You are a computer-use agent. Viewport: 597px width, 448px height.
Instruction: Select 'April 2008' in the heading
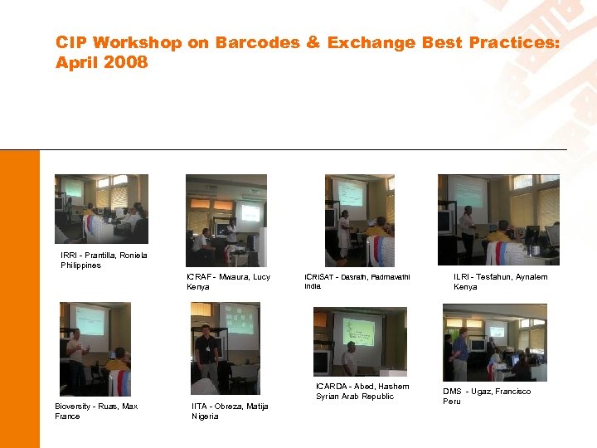pos(101,62)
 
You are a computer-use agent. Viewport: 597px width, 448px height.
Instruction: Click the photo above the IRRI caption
pos(101,209)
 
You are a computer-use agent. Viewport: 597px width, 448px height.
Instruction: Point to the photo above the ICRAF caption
pos(226,220)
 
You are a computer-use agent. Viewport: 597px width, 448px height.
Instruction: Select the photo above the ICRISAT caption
pos(359,220)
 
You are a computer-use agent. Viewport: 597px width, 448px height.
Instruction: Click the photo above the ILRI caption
pos(498,220)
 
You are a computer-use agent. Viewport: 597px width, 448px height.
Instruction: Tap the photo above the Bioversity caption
pos(95,348)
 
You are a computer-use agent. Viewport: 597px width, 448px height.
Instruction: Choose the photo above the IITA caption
pos(225,348)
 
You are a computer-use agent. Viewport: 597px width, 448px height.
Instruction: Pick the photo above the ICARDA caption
pos(360,341)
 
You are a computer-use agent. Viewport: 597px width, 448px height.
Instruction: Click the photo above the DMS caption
pos(494,342)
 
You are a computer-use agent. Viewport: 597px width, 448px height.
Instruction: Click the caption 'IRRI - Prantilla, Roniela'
pos(104,256)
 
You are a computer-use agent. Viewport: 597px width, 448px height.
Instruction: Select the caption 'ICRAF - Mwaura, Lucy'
pos(228,276)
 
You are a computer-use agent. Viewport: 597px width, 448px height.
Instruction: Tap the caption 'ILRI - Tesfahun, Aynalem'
pos(500,276)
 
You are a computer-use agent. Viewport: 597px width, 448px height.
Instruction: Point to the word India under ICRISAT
pos(313,286)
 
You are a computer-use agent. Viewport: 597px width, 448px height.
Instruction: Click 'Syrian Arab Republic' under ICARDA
pos(355,397)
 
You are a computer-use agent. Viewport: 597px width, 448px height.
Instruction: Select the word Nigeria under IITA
pos(205,416)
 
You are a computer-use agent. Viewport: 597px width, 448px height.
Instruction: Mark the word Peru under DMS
pos(451,402)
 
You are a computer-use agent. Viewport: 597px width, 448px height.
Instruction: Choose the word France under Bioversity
pos(67,416)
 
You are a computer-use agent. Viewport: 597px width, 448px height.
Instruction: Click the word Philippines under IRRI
pos(80,265)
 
